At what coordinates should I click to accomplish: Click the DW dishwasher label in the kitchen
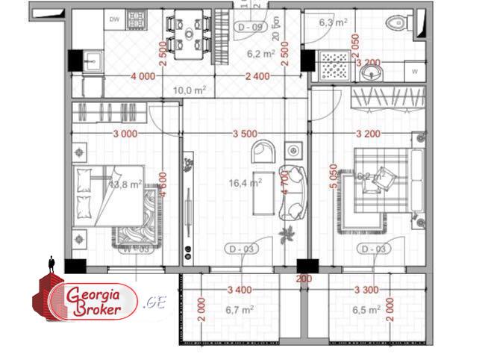[x=115, y=19]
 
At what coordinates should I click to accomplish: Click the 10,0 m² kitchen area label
[x=189, y=90]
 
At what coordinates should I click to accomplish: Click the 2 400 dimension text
[x=258, y=76]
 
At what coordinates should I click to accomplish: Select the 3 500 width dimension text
[x=245, y=134]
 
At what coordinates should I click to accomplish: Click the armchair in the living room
[x=263, y=151]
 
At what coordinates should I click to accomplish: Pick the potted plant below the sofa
[x=285, y=236]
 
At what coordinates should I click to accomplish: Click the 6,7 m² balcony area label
[x=240, y=308]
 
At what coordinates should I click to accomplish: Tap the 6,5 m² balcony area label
[x=365, y=308]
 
